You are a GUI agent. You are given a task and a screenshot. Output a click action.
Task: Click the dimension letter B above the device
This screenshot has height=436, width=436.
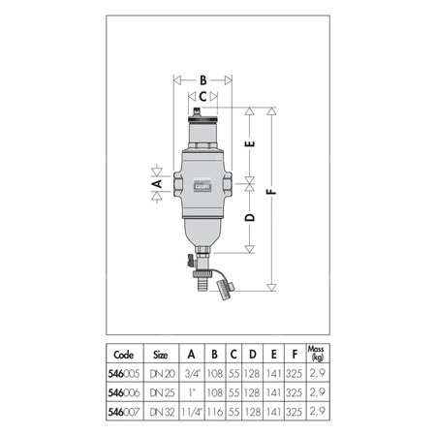202,80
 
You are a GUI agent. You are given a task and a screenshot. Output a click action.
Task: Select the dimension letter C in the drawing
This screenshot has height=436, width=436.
202,97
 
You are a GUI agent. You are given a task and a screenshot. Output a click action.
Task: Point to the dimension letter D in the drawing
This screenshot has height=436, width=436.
250,218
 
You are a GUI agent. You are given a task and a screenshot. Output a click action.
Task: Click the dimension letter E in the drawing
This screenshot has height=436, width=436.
250,146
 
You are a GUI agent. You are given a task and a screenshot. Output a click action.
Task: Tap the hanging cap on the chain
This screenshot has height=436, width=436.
226,286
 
